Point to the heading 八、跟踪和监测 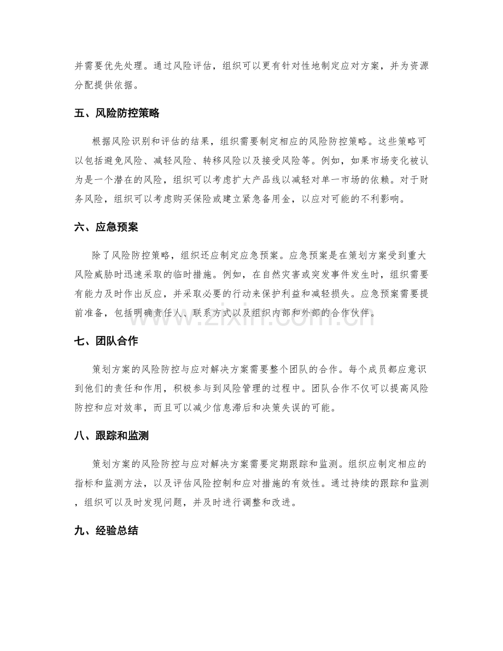pyautogui.click(x=111, y=436)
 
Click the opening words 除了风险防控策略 pyautogui.click(x=137, y=257)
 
